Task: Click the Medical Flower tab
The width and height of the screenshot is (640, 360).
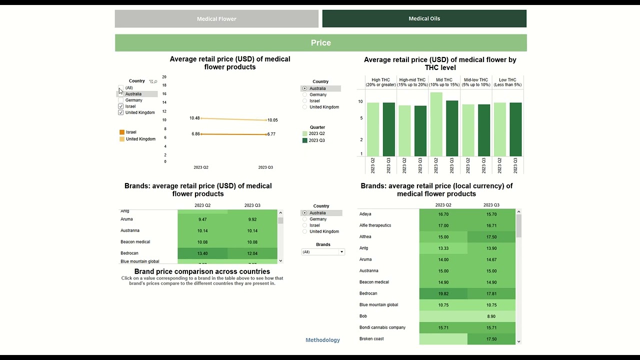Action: click(216, 19)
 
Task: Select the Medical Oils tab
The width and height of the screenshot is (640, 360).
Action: click(424, 18)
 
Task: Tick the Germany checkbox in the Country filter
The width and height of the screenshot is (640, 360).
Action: click(120, 100)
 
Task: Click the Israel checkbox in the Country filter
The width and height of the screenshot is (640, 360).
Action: click(120, 106)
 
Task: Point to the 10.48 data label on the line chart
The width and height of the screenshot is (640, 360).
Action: click(194, 118)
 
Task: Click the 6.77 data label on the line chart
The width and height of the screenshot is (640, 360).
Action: click(271, 134)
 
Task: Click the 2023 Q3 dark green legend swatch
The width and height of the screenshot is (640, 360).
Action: click(305, 140)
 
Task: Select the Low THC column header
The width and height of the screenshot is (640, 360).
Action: click(507, 82)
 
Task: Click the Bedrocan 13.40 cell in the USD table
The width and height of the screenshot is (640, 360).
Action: click(202, 253)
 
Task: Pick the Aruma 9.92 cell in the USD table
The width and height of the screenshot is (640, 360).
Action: click(252, 219)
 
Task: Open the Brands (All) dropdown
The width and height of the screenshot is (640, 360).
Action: click(323, 252)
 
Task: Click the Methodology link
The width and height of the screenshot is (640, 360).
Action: click(322, 340)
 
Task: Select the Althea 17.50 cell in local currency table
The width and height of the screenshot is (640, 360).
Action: click(491, 237)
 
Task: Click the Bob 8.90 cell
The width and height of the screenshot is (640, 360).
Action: click(491, 316)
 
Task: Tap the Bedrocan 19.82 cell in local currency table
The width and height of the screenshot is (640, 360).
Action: click(443, 293)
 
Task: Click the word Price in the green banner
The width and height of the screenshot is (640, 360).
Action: click(320, 43)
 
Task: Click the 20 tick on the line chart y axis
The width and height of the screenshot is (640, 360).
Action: click(164, 77)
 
